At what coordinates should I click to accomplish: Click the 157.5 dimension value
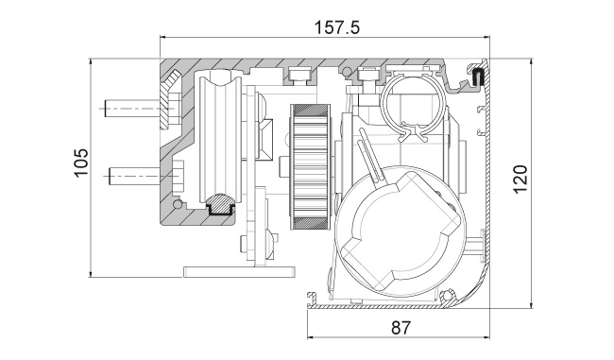point(337,27)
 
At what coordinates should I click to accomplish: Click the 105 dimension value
point(81,163)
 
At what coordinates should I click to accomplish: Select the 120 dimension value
point(520,180)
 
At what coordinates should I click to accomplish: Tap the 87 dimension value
point(401,328)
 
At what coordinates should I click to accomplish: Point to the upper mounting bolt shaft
point(132,108)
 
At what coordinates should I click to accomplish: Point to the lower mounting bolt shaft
point(134,177)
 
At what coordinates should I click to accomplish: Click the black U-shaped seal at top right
point(478,77)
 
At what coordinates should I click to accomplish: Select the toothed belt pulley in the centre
point(310,166)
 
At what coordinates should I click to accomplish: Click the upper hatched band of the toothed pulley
point(310,110)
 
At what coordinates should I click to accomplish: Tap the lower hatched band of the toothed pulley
point(310,223)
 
